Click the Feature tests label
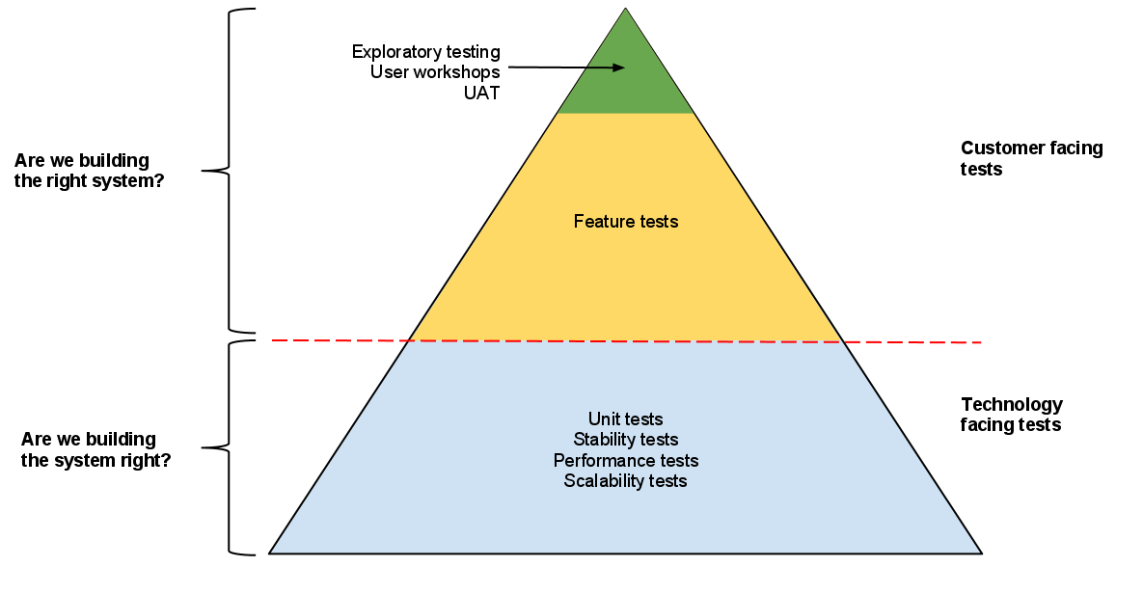[x=626, y=222]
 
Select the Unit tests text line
[x=626, y=419]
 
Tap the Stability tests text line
[x=626, y=440]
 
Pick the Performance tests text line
[x=626, y=460]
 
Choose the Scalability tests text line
[x=626, y=480]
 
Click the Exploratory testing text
[x=426, y=51]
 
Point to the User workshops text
[x=435, y=72]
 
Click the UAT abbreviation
[x=481, y=94]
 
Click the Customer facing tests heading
[x=1031, y=159]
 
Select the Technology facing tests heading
[x=1011, y=415]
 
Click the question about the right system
[x=89, y=170]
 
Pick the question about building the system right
[x=95, y=450]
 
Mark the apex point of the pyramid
[x=626, y=9]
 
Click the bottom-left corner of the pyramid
[x=269, y=553]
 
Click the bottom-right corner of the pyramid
[x=982, y=553]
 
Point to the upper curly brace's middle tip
[x=204, y=171]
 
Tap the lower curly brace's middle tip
[x=204, y=447]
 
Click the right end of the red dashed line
[x=980, y=342]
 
